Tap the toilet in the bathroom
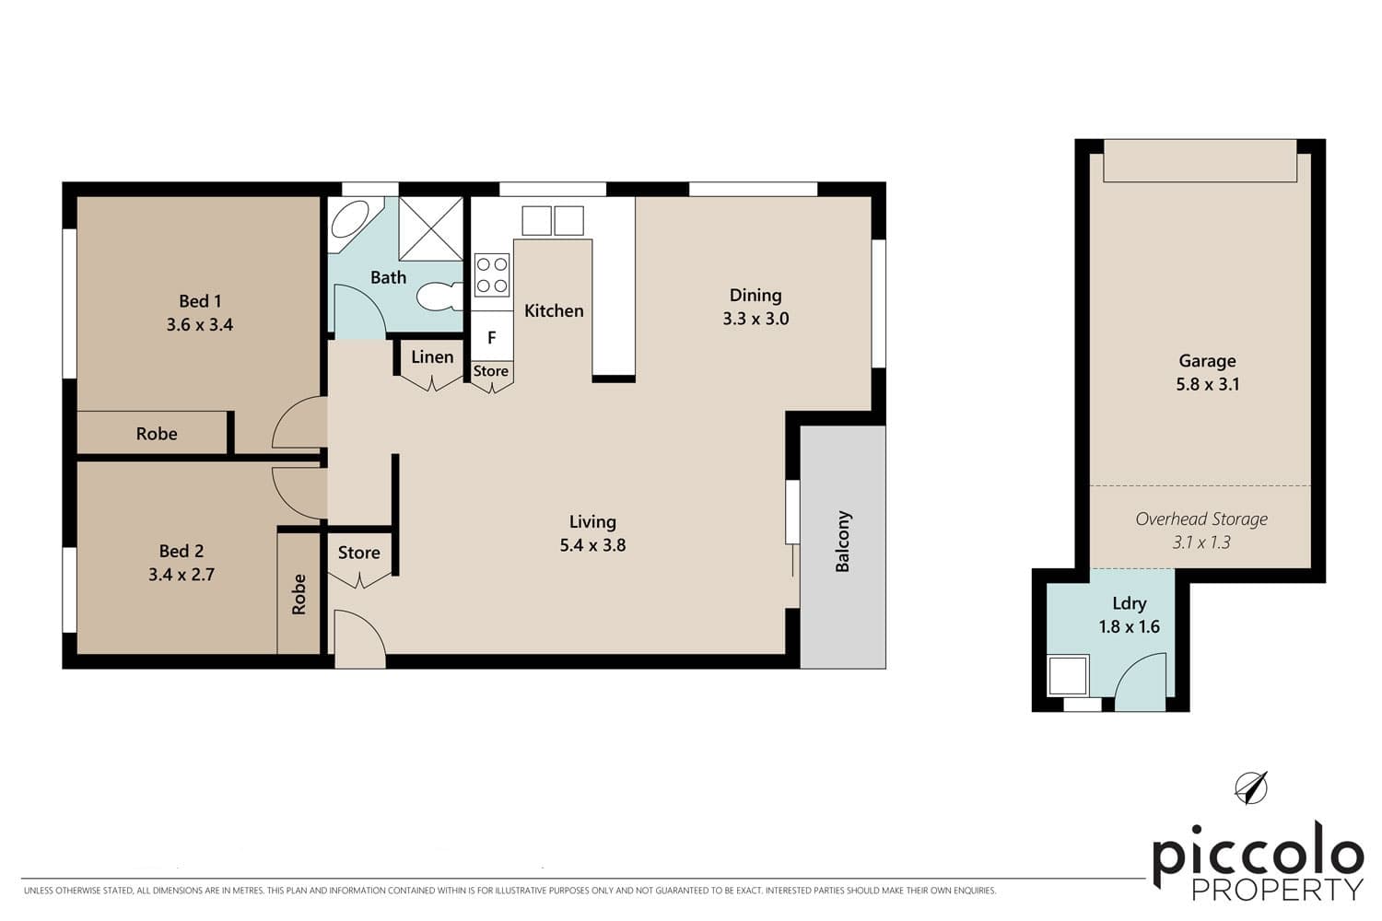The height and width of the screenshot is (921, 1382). pyautogui.click(x=439, y=297)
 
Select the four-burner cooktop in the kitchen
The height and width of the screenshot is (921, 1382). pyautogui.click(x=492, y=275)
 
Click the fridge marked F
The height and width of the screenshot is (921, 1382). pyautogui.click(x=492, y=337)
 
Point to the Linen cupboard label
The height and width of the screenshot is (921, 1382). pyautogui.click(x=432, y=357)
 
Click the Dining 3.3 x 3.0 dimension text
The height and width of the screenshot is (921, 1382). pyautogui.click(x=755, y=319)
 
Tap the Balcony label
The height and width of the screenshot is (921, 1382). pyautogui.click(x=843, y=542)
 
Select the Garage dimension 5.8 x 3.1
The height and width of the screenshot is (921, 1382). pyautogui.click(x=1207, y=384)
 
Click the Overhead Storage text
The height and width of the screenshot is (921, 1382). pyautogui.click(x=1201, y=519)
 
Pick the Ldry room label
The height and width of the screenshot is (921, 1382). pyautogui.click(x=1129, y=603)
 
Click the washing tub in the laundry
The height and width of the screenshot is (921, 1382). pyautogui.click(x=1069, y=675)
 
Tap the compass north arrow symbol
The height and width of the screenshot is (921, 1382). pyautogui.click(x=1251, y=787)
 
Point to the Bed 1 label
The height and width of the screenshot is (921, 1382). pyautogui.click(x=200, y=301)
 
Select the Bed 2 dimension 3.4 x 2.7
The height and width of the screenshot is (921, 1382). pyautogui.click(x=182, y=575)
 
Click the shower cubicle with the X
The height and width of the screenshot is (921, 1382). pyautogui.click(x=430, y=228)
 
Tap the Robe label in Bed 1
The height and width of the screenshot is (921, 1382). pyautogui.click(x=157, y=434)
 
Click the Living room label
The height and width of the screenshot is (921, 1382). pyautogui.click(x=592, y=522)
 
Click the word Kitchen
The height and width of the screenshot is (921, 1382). pyautogui.click(x=554, y=311)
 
